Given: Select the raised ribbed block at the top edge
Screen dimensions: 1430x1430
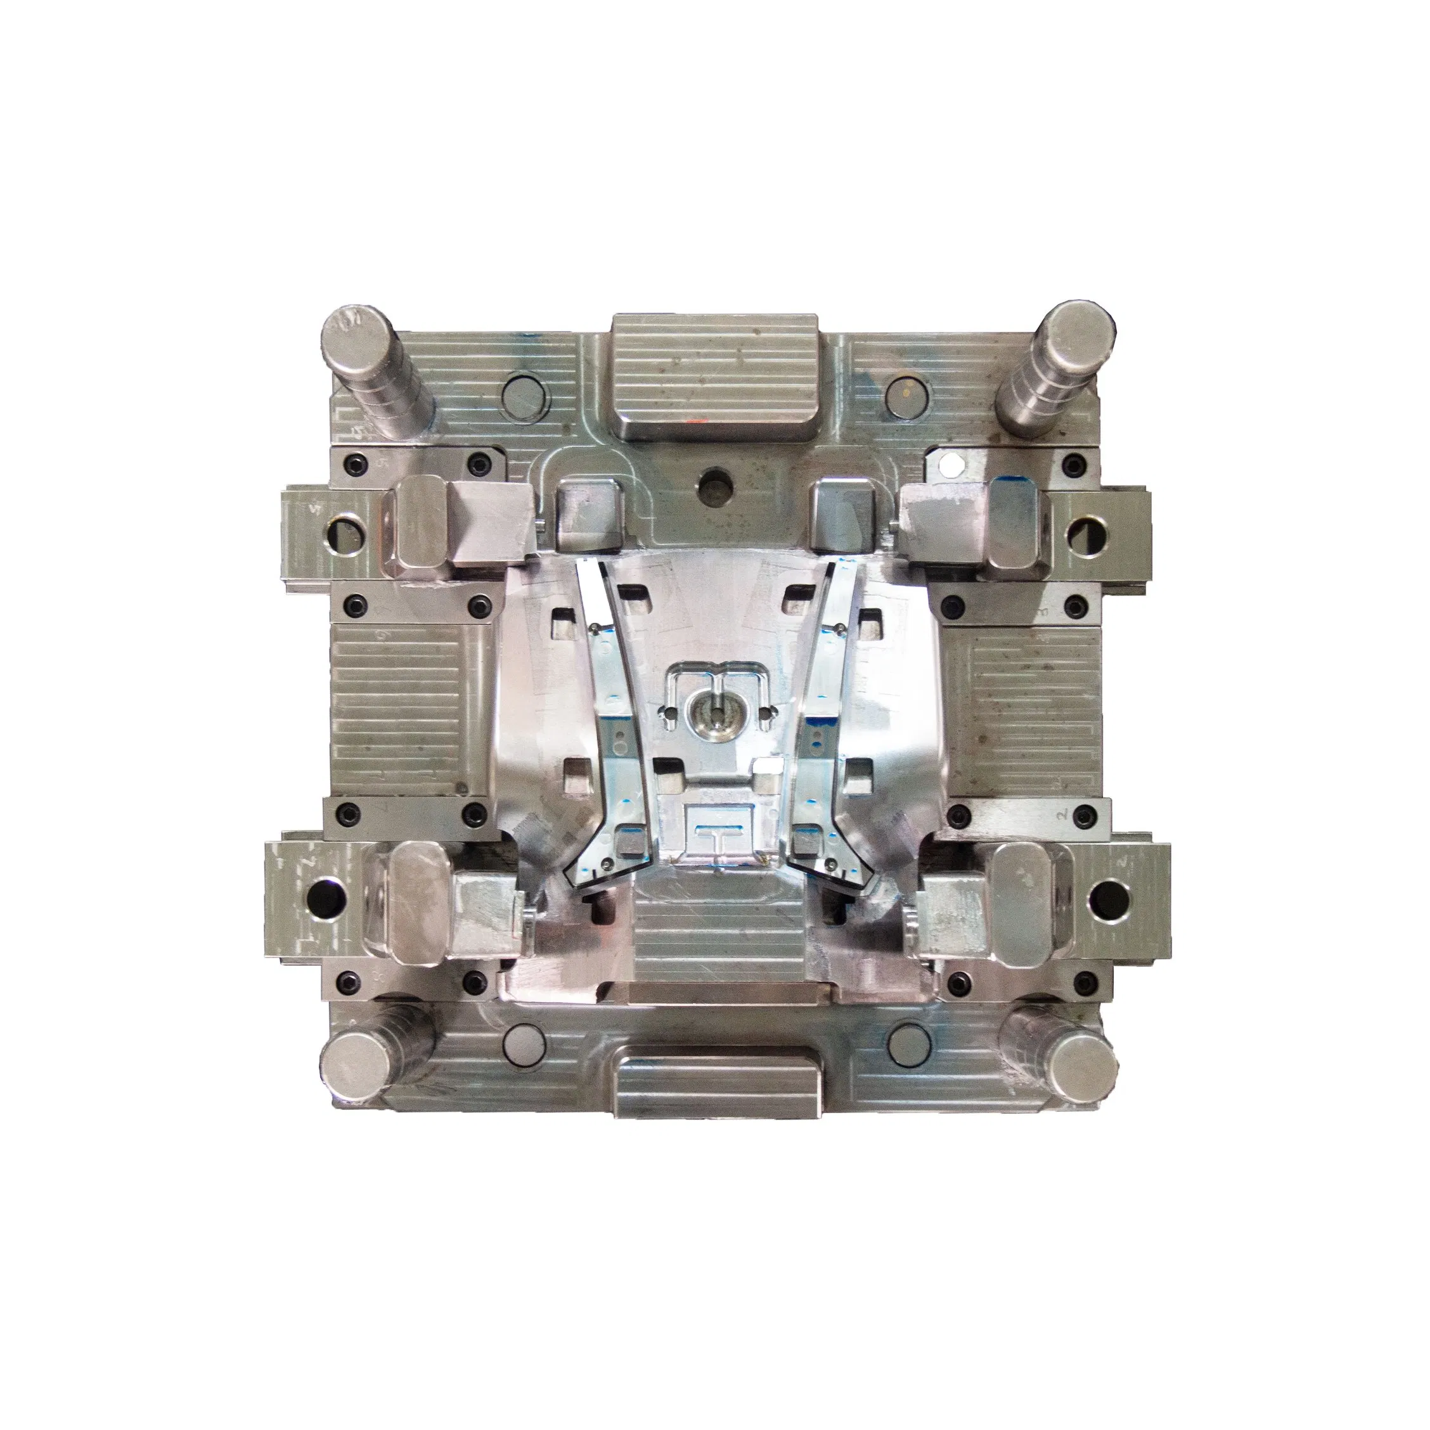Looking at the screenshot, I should [714, 376].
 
